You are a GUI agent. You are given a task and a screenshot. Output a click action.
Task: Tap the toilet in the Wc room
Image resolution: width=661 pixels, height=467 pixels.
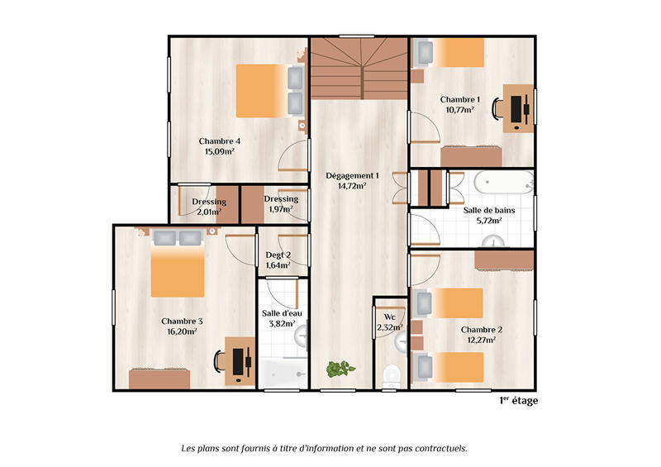[392, 374]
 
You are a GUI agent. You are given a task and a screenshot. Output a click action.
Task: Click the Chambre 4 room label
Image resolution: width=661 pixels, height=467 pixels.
[220, 141]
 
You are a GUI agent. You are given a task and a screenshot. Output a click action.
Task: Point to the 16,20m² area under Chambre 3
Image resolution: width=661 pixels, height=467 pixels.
[181, 331]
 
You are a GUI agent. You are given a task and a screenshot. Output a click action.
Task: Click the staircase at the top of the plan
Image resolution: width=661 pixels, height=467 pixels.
[359, 68]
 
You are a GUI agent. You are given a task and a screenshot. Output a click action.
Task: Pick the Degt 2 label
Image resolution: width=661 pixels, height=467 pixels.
[278, 255]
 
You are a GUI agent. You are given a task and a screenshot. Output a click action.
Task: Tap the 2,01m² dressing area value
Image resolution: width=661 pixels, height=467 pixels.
[210, 212]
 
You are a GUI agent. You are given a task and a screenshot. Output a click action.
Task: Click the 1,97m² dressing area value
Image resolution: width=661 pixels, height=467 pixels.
[281, 210]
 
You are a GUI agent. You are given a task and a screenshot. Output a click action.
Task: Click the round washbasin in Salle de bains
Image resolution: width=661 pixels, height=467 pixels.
[495, 241]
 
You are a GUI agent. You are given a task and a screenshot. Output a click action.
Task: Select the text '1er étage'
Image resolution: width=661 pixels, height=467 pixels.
[518, 401]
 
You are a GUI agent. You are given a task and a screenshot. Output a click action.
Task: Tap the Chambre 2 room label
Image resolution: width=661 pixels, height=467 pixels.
[481, 329]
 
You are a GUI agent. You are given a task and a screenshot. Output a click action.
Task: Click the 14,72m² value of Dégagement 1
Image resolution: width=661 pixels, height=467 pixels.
[352, 186]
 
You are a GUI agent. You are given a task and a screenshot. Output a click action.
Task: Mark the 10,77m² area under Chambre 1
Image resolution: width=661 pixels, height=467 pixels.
[460, 109]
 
